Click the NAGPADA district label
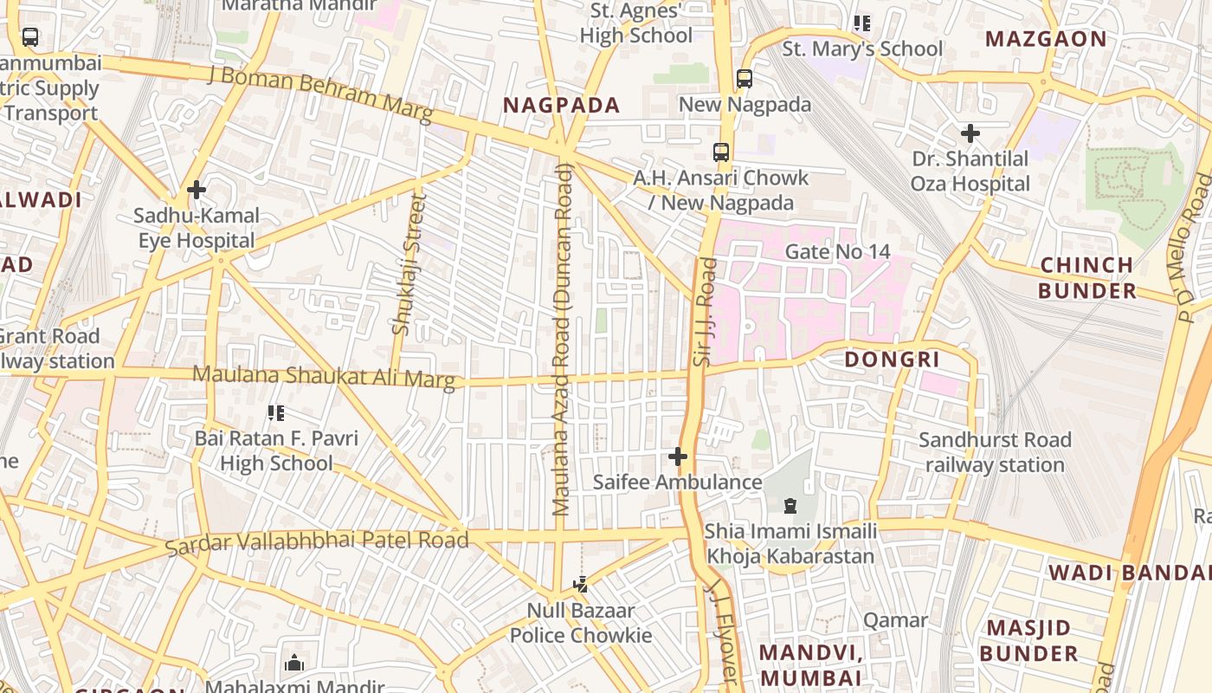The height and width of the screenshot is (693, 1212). click(562, 106)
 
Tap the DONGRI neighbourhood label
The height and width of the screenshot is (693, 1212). click(892, 359)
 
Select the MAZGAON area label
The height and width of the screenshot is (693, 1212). click(1046, 39)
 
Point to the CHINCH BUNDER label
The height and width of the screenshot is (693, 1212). click(1086, 277)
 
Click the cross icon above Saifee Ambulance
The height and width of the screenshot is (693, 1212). click(678, 456)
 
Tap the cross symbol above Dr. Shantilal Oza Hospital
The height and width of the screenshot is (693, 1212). click(970, 133)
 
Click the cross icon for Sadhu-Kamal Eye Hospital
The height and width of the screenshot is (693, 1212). click(197, 189)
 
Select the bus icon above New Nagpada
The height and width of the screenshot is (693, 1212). click(745, 79)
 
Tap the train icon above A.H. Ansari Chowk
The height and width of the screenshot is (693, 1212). click(721, 152)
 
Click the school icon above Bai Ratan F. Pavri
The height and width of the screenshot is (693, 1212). click(276, 413)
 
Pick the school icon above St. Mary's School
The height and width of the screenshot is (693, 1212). click(862, 23)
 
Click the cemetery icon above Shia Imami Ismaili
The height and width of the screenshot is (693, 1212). click(790, 505)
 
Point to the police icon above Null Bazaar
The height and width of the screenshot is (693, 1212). click(581, 585)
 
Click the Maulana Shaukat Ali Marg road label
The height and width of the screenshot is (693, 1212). click(323, 377)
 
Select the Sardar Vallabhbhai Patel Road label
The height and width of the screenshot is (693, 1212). click(317, 542)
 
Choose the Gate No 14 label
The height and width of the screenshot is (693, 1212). click(836, 252)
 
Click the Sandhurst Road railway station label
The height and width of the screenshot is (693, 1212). click(995, 452)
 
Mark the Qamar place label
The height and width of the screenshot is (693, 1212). click(895, 620)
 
